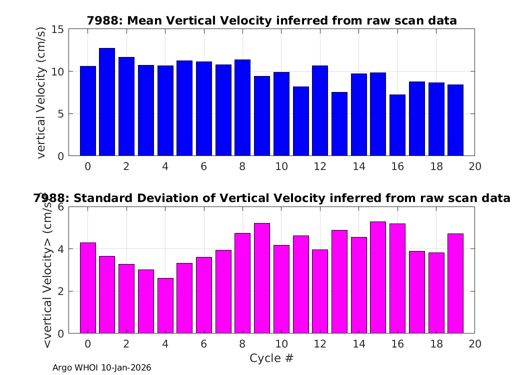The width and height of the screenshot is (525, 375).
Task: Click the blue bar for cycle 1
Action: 107,102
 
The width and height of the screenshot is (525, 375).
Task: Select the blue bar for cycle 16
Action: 397,125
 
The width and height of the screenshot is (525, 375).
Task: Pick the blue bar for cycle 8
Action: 242,107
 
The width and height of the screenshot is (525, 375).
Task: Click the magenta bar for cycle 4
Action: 165,305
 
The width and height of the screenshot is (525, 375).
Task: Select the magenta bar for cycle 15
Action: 378,277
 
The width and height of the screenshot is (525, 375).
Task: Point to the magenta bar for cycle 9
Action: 262,278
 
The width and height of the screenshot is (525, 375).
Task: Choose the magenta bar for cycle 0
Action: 87,288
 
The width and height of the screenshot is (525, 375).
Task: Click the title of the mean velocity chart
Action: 271,20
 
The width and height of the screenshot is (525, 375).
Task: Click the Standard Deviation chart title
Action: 271,198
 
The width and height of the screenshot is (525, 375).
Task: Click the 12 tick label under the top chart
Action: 320,166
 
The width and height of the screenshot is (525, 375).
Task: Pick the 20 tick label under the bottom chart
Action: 475,344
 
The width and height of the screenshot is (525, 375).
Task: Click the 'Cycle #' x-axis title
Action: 271,358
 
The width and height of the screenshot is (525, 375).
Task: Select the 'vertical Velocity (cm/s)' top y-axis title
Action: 41,92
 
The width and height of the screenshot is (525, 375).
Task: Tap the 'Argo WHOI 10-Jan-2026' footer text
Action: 102,368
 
